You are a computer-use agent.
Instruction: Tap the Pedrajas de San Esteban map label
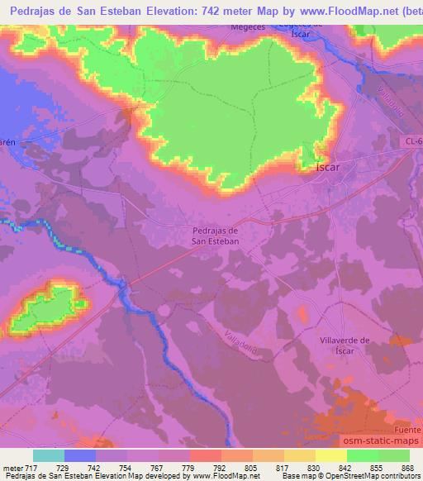(215, 236)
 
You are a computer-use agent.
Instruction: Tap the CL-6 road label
(413, 142)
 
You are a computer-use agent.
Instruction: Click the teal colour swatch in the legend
(49, 455)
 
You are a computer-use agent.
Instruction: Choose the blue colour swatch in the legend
(80, 455)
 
